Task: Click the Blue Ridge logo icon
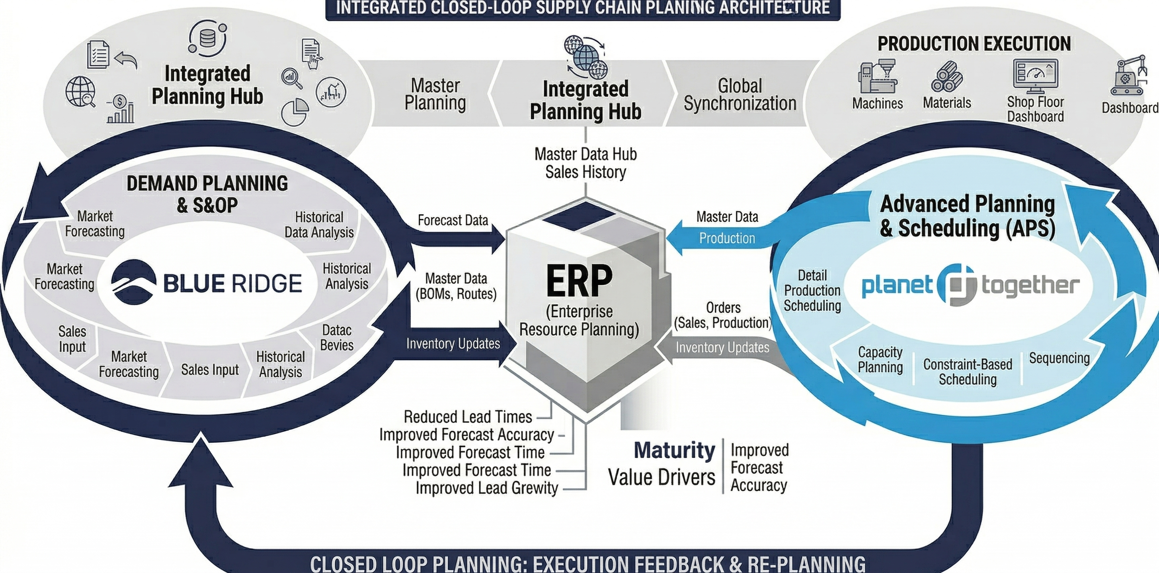click(x=134, y=282)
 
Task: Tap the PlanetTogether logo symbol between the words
click(x=956, y=285)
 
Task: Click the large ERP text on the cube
click(x=579, y=281)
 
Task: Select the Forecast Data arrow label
click(x=453, y=220)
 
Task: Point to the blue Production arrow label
click(x=727, y=238)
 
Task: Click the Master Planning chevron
click(x=435, y=94)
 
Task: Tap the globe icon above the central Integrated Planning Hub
click(x=586, y=56)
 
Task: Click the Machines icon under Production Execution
click(x=877, y=76)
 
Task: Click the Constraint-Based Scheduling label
click(x=967, y=372)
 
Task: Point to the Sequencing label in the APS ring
click(x=1059, y=358)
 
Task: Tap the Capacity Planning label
click(x=880, y=359)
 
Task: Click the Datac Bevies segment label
click(x=337, y=338)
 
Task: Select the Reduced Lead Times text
click(x=468, y=417)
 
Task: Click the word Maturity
click(x=674, y=450)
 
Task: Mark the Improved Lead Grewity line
click(x=487, y=488)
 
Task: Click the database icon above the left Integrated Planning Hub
click(x=207, y=38)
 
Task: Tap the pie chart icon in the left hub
click(x=295, y=113)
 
